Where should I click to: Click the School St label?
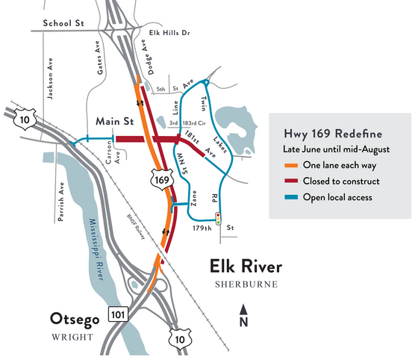pos(63,24)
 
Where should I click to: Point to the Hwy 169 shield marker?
pos(158,179)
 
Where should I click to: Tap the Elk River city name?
pos(246,267)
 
